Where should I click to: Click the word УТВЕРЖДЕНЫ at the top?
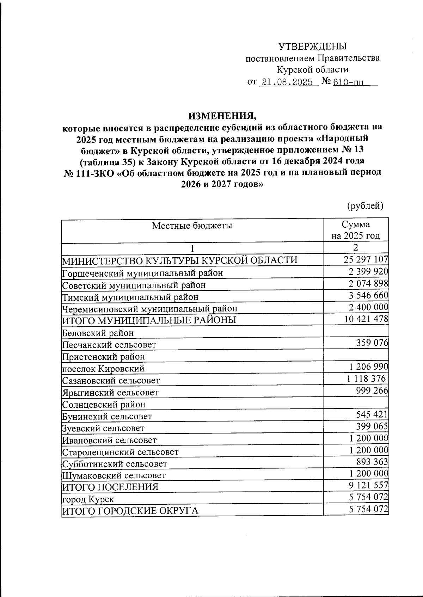(x=313, y=46)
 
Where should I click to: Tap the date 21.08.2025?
(x=286, y=82)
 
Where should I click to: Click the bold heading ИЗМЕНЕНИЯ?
(x=222, y=116)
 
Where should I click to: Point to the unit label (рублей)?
(x=365, y=205)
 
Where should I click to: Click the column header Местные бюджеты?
(x=192, y=226)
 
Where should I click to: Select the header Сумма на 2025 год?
(x=356, y=230)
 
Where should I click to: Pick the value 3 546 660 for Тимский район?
(x=368, y=295)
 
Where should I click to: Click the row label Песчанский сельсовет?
(x=109, y=344)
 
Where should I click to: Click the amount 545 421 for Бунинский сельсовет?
(x=372, y=414)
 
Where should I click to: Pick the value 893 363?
(x=372, y=462)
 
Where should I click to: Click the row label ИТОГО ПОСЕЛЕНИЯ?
(x=110, y=487)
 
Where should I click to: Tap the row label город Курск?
(x=88, y=499)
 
